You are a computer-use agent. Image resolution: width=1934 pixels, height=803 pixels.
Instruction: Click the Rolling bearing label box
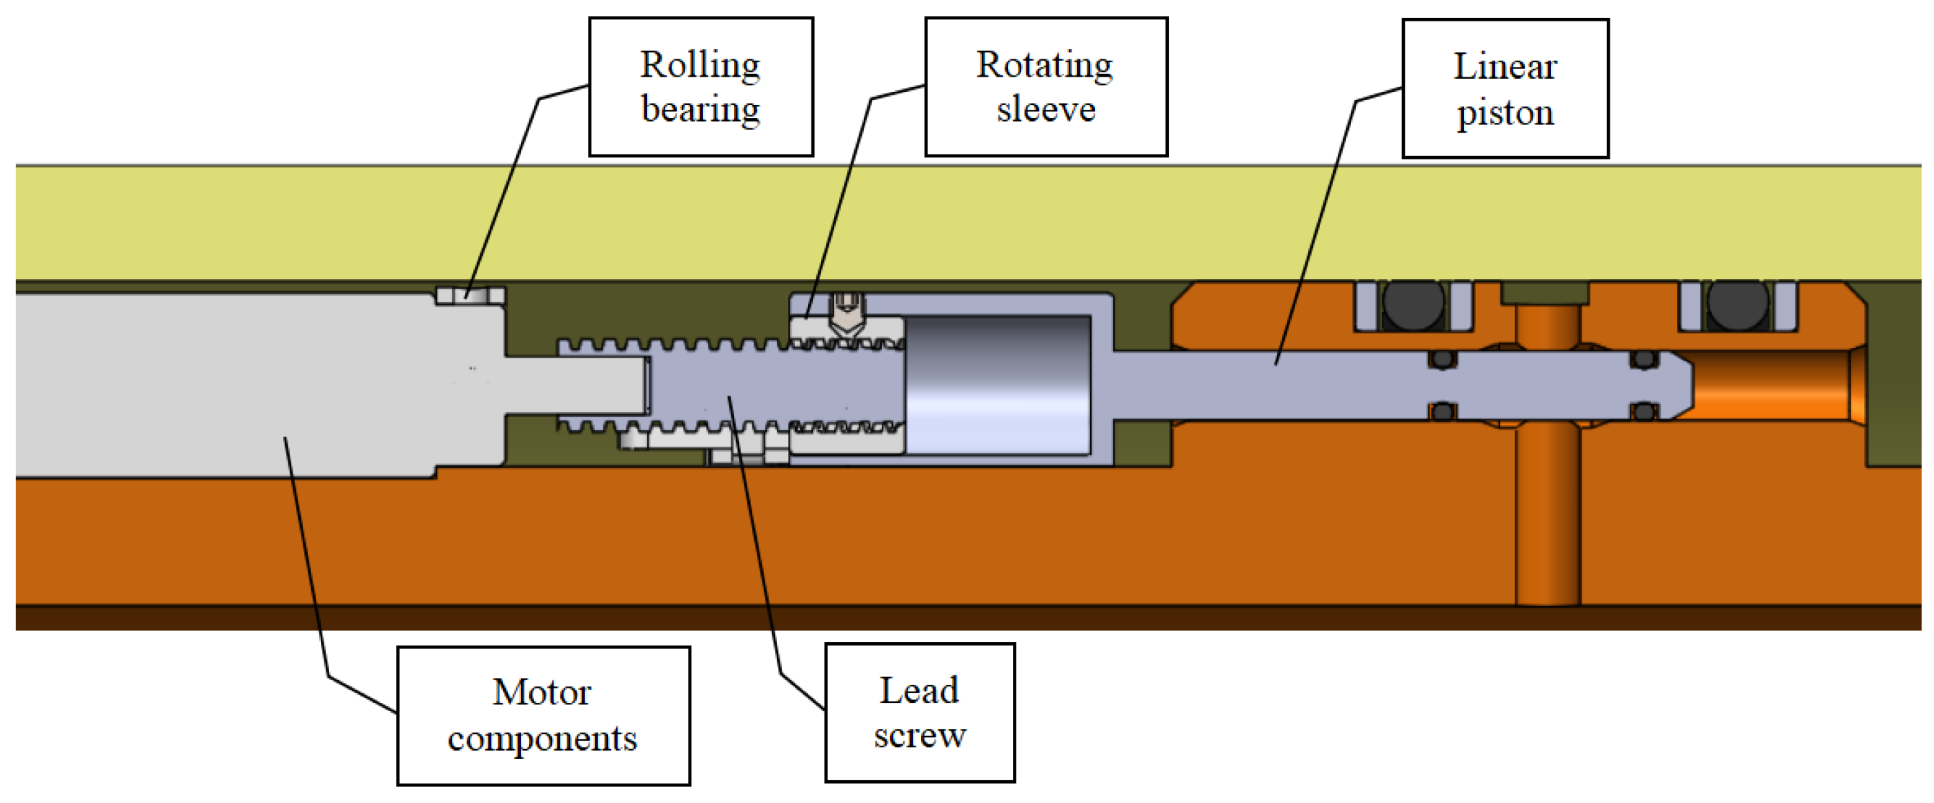coord(700,86)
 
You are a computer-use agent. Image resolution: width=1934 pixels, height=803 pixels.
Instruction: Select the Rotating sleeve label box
coord(1046,86)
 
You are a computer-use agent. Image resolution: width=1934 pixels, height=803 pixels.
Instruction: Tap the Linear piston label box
coord(1506,88)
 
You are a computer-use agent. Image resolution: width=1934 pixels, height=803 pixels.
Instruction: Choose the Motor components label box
coord(543,716)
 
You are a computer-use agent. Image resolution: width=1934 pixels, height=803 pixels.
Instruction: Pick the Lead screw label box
coord(920,712)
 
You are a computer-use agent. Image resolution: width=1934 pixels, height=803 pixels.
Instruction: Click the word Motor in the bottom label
coord(542,692)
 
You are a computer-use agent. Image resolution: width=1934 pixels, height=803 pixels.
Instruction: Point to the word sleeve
coord(1046,110)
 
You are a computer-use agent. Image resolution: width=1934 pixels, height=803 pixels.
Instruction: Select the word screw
coord(920,735)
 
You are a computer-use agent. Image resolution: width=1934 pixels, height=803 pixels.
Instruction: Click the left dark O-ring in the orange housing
coord(1413,305)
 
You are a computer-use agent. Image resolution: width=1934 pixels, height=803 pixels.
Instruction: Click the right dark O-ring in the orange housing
coord(1737,305)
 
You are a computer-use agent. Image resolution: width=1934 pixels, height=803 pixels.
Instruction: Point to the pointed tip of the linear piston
coord(1692,385)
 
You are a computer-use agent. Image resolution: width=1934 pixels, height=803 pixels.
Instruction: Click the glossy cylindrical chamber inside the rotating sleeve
coord(998,385)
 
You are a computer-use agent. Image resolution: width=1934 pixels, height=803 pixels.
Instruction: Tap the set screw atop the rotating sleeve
coord(847,313)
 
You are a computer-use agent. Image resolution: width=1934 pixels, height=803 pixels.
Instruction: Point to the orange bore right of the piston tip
coord(1775,385)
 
